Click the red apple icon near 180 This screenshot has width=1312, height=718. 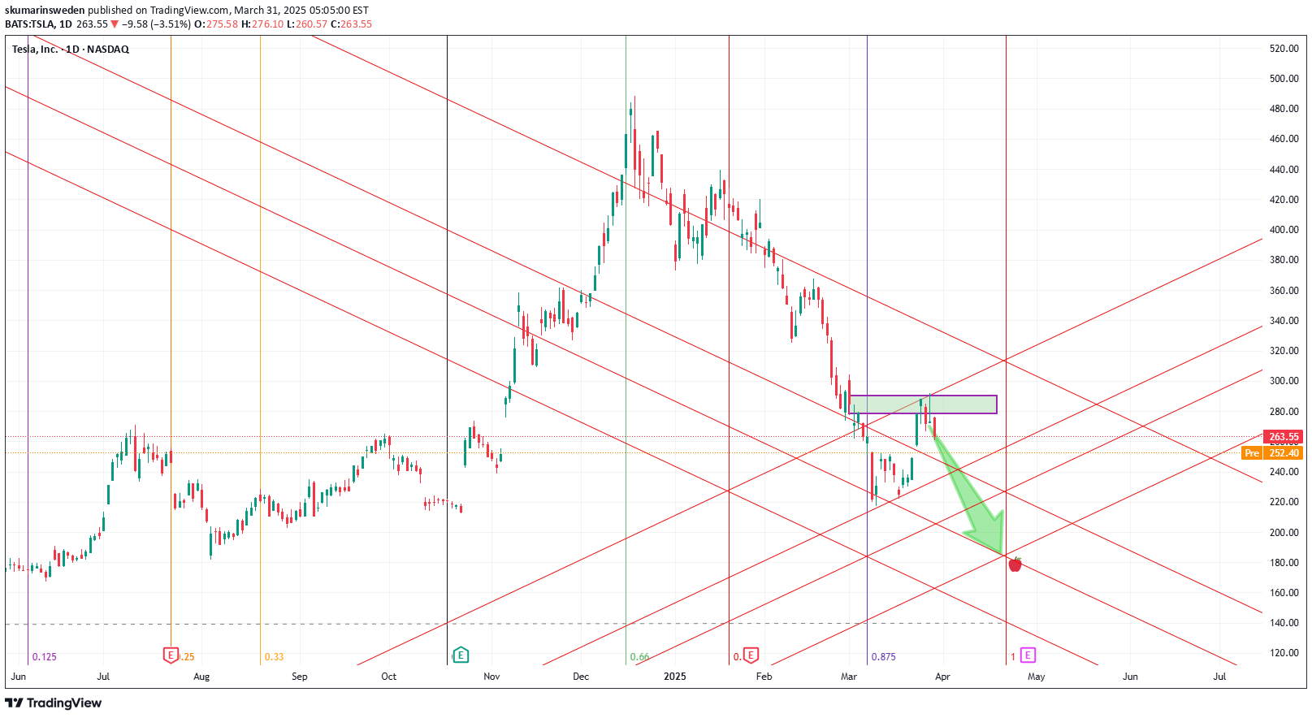1015,564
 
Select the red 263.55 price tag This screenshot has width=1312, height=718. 1284,437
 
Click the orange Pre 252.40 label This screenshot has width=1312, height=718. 1272,453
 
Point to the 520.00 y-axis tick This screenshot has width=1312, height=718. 1284,49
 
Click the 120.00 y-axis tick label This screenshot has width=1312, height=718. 1284,653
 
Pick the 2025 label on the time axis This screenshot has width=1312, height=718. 675,677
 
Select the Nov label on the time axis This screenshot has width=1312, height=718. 491,677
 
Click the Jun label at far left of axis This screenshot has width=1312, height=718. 19,677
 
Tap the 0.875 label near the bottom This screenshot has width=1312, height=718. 883,657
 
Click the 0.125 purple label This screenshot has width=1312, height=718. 45,657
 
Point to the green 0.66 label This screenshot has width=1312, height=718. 639,657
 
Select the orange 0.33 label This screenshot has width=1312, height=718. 274,657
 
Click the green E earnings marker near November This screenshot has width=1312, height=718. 461,655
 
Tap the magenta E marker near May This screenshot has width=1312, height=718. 1028,655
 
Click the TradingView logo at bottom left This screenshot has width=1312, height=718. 54,703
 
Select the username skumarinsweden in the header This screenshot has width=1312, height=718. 45,11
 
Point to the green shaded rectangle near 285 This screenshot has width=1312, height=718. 922,404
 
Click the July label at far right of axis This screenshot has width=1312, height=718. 1219,677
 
